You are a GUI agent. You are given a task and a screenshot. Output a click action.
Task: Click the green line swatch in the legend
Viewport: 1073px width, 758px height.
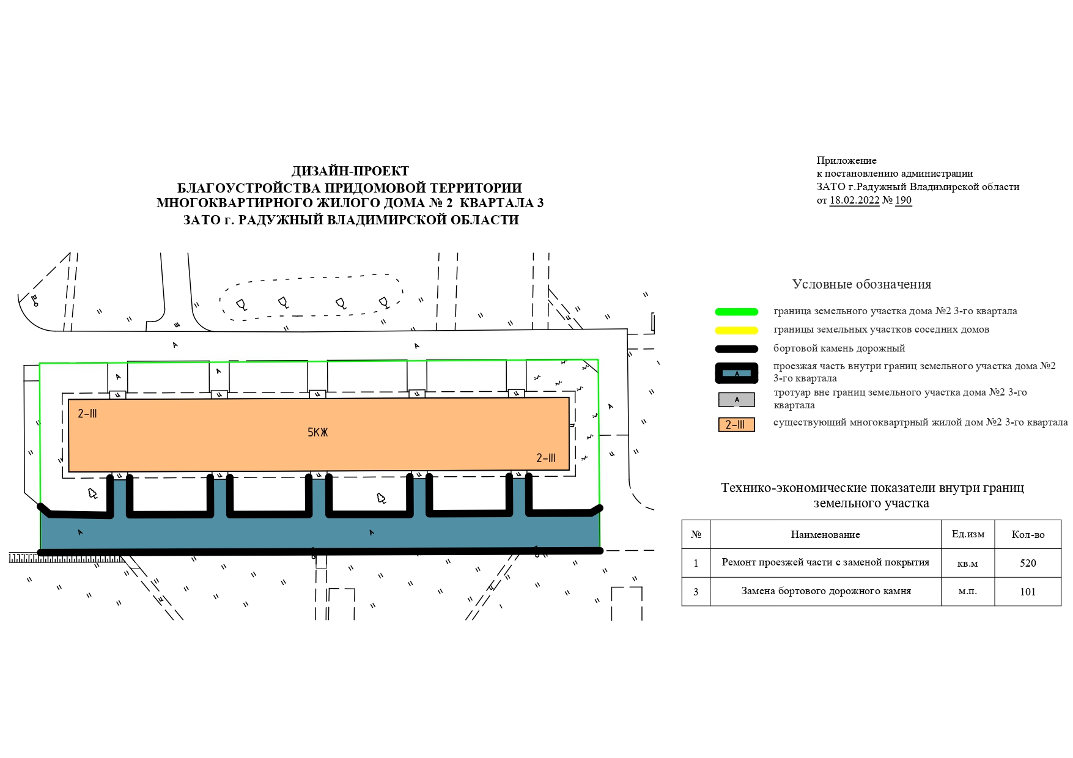coord(736,312)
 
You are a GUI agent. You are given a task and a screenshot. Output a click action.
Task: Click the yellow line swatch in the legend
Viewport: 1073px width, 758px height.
coord(736,331)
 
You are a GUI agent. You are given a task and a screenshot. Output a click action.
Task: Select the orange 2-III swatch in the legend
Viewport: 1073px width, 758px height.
coord(736,425)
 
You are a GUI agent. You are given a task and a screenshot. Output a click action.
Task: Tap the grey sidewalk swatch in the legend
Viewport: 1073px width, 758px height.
coord(736,400)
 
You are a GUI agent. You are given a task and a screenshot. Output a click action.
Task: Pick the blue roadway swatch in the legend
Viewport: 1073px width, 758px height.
coord(736,373)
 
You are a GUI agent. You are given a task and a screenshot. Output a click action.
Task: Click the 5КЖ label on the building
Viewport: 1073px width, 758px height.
coord(318,433)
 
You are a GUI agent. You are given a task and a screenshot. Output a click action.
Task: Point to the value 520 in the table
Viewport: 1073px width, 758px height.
coord(1028,563)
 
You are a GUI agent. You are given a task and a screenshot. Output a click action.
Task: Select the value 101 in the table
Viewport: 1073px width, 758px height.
coord(1028,592)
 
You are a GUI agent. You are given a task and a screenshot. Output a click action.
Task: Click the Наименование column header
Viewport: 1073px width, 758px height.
coord(825,535)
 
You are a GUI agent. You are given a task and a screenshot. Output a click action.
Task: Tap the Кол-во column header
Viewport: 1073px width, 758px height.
coord(1028,535)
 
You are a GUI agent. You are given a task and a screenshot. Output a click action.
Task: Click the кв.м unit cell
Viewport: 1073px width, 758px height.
coord(967,564)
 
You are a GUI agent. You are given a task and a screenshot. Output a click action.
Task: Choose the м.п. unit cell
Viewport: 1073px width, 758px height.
coord(967,592)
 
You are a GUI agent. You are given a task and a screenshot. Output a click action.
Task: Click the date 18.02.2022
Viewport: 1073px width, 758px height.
coord(854,201)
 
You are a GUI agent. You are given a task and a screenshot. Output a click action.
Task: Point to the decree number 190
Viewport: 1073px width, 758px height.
coord(903,201)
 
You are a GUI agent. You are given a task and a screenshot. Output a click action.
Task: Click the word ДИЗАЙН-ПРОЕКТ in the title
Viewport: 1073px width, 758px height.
coord(350,171)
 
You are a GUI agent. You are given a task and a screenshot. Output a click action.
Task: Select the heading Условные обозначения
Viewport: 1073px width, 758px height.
coord(861,284)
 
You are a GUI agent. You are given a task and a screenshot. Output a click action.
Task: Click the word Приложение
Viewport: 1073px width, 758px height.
coord(846,161)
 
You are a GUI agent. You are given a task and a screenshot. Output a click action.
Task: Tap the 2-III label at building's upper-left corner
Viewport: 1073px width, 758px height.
coord(87,414)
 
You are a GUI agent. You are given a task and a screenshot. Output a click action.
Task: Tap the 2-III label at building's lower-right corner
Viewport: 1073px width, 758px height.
coord(546,458)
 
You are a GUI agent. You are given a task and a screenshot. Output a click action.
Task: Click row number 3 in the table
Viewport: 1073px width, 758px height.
coord(696,592)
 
